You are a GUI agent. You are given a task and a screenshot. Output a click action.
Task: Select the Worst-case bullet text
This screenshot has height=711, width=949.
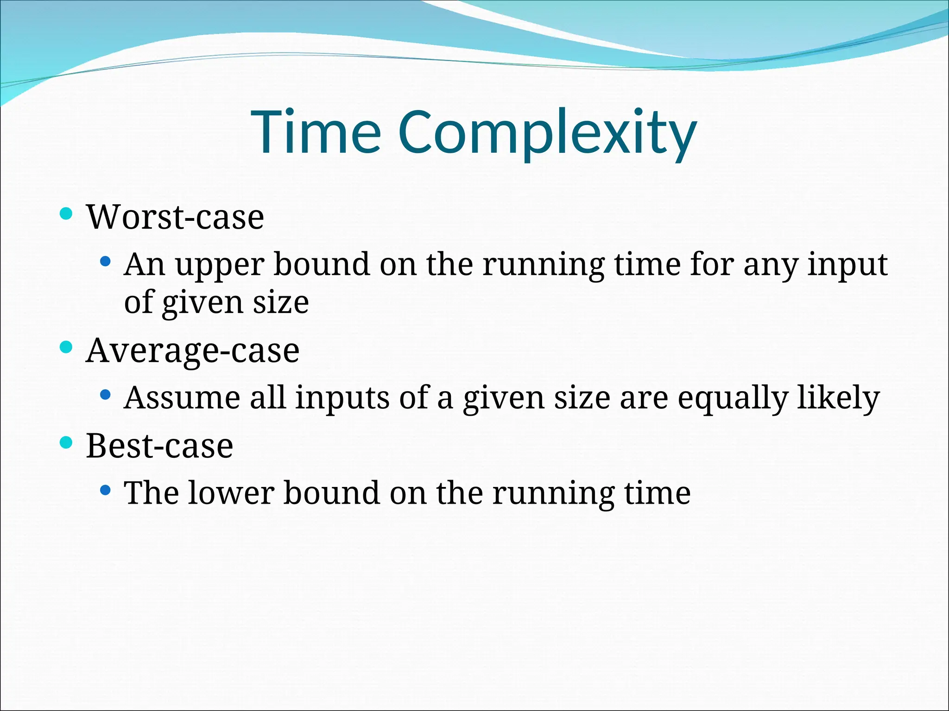(x=175, y=217)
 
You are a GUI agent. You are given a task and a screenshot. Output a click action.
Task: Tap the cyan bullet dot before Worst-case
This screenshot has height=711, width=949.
(x=67, y=213)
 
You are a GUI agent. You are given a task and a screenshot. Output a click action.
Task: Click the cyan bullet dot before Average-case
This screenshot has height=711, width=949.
(x=67, y=347)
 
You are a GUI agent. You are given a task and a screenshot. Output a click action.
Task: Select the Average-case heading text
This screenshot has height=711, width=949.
(x=193, y=350)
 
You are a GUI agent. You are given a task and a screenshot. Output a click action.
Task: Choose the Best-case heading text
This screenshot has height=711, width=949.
(x=159, y=446)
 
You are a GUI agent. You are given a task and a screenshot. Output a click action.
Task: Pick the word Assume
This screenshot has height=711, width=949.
(x=182, y=398)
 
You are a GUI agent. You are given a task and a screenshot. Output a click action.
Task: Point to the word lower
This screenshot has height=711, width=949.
(x=231, y=493)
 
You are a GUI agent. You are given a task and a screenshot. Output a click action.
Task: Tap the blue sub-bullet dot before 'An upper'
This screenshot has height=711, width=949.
(x=106, y=262)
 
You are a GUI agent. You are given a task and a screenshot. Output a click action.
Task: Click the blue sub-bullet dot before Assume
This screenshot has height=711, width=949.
(x=106, y=394)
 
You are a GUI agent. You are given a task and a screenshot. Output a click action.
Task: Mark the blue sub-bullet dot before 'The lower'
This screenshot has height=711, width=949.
(x=106, y=490)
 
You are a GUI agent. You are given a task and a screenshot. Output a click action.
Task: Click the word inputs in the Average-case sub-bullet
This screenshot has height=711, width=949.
(x=342, y=399)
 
